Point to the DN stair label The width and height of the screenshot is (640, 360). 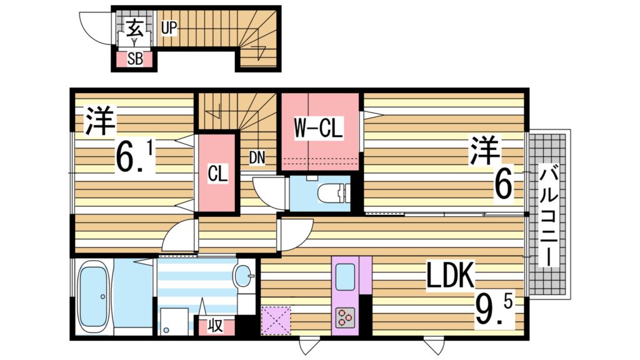coord(257,157)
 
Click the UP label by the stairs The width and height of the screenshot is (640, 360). coord(169,28)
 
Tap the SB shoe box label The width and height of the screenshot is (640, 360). coord(134,59)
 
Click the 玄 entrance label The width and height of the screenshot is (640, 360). coord(134,28)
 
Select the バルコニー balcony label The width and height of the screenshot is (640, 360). coord(549,214)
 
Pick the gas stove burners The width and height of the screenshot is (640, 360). coord(345,317)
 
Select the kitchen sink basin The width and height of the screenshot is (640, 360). coord(345,276)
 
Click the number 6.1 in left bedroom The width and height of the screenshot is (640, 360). coord(135,156)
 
